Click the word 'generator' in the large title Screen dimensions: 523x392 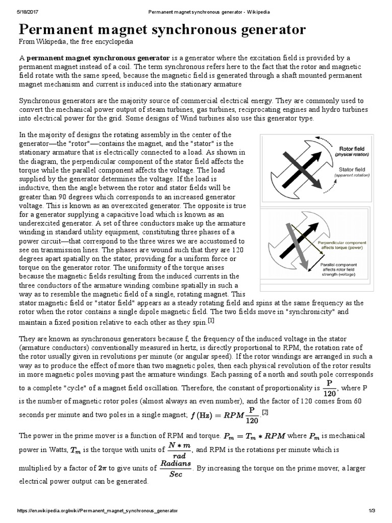(x=259, y=30)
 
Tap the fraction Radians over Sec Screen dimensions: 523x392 (x=175, y=468)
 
